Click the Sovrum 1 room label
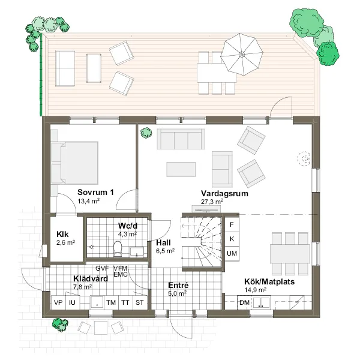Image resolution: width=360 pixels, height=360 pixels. [x=95, y=192]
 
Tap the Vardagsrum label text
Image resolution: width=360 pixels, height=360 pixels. [x=224, y=193]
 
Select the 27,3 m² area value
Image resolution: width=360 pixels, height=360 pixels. [x=212, y=202]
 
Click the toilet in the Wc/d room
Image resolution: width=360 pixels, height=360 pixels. [x=118, y=248]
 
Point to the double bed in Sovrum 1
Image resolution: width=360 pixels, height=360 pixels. [x=75, y=163]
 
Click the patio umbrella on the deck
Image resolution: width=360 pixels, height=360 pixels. [x=242, y=55]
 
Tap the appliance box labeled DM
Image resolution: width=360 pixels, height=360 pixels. [x=245, y=302]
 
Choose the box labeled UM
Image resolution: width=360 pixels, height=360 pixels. [x=232, y=253]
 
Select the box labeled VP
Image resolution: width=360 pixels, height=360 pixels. [x=58, y=302]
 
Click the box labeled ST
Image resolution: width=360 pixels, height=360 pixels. [x=140, y=302]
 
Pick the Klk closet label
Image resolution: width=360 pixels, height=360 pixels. [x=62, y=234]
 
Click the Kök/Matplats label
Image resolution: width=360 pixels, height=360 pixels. [x=269, y=282]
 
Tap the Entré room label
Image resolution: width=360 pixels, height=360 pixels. [x=178, y=285]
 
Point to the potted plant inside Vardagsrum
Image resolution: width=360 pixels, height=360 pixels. [x=146, y=133]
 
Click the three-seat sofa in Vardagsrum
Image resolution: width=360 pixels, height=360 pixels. [x=181, y=139]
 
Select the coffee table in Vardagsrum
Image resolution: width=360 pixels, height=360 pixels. [x=181, y=169]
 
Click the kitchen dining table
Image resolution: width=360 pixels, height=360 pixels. [x=290, y=254]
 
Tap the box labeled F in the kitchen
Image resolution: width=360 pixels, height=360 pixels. [x=232, y=224]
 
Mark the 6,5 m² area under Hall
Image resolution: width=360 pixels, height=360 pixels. [x=166, y=251]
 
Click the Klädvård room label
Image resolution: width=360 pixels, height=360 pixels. [x=91, y=278]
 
